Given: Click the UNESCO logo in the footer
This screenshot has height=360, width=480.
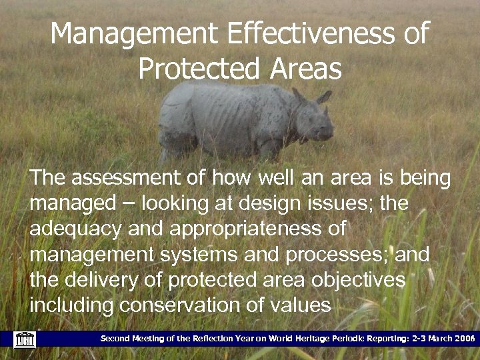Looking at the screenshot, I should click(24, 339).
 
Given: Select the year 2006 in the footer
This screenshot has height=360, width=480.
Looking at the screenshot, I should click(462, 339).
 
